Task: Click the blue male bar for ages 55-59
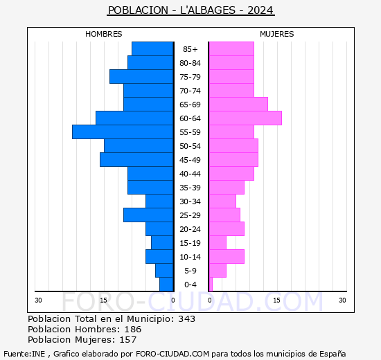point(123,132)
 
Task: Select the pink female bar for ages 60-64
point(245,118)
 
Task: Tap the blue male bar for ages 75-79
point(141,77)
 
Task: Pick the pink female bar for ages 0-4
point(211,285)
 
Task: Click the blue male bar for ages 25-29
point(148,215)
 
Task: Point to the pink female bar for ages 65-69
point(238,105)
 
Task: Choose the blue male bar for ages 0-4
point(166,285)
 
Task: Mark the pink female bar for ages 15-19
point(218,243)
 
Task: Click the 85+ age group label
point(190,49)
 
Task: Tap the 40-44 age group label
point(190,174)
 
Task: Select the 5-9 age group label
point(190,271)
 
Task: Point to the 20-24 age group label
point(190,229)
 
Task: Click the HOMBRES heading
point(104,34)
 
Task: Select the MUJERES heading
point(277,34)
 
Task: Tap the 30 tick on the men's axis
point(38,300)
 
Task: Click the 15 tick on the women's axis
point(277,300)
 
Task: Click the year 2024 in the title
point(260,10)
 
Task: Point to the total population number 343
point(186,318)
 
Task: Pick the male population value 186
point(133,329)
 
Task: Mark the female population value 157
point(128,340)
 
